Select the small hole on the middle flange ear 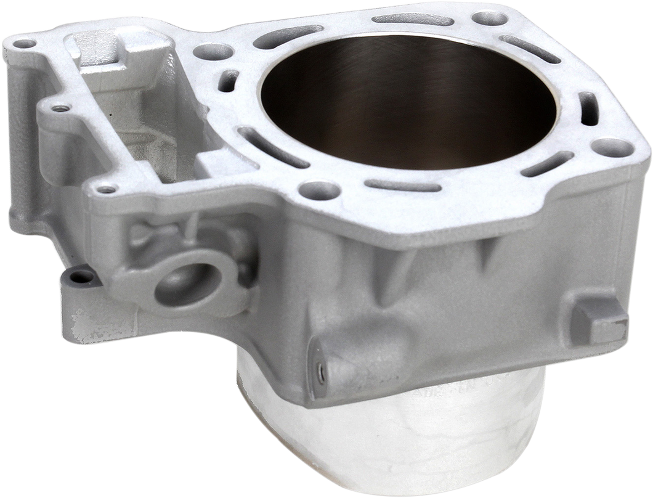(59, 108)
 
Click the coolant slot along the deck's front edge (406, 185)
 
